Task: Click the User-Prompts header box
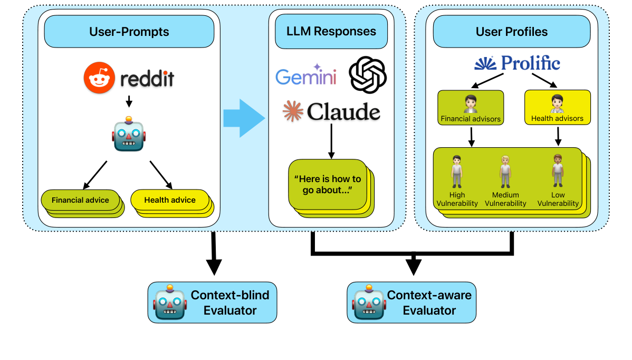coord(129,32)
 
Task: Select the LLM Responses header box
coord(331,31)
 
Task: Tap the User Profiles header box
coord(511,32)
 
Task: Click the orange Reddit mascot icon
coord(99,79)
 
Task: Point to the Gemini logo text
coord(306,77)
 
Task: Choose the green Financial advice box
coord(80,200)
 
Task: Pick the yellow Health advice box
coord(169,200)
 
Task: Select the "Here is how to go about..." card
coord(327,185)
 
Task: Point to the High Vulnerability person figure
coord(457,172)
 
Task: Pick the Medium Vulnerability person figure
coord(505,172)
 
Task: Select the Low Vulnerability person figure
coord(558,172)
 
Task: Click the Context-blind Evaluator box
coord(212,302)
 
